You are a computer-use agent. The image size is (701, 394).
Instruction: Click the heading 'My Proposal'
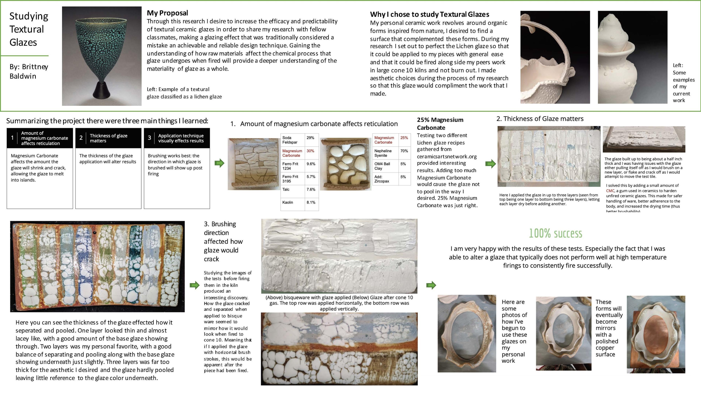tap(167, 13)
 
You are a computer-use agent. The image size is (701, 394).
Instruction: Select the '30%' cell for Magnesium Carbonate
tap(310, 151)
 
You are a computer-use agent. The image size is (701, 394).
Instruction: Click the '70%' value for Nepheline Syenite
tap(404, 151)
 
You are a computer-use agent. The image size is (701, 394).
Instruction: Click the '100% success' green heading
tap(555, 233)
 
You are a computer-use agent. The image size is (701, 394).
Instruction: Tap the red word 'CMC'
tap(610, 191)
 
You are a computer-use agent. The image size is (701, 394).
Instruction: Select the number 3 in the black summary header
tap(149, 138)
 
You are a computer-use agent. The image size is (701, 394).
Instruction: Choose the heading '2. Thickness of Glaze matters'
tap(540, 119)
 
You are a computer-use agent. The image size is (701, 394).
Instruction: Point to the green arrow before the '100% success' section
tap(431, 285)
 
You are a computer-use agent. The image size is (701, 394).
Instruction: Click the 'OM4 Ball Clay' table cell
tap(382, 166)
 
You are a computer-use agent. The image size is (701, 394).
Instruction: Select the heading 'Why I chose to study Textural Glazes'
tap(429, 14)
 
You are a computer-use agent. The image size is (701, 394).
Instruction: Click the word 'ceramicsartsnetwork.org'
tap(447, 156)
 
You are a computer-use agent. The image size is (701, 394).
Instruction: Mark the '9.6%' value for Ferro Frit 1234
tap(311, 164)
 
